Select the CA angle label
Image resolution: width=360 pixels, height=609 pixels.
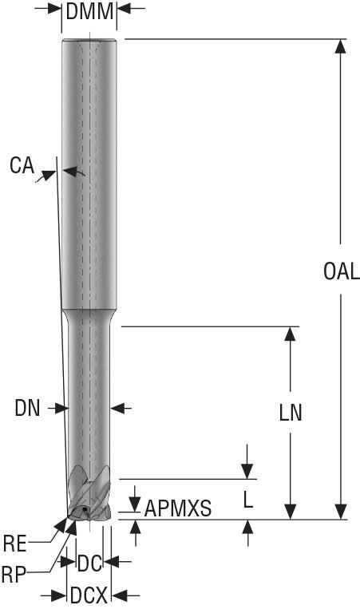22,167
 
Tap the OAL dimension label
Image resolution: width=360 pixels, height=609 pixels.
342,271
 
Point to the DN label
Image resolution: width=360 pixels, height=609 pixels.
27,408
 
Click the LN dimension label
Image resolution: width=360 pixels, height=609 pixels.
291,413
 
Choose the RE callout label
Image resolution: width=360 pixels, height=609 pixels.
15,545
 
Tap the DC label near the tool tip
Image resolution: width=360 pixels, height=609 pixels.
90,564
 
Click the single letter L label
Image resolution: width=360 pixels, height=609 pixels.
248,500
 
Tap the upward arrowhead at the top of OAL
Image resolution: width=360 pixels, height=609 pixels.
342,46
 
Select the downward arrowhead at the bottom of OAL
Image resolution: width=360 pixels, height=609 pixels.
342,512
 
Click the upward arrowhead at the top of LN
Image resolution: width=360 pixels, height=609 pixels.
291,334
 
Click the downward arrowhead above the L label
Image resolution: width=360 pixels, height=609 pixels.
248,471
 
